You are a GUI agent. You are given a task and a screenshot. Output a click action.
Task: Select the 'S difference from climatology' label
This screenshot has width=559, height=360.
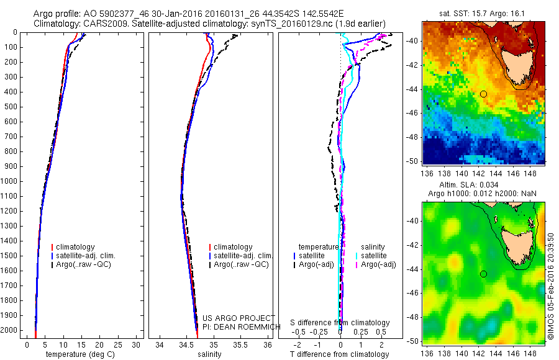pos(340,323)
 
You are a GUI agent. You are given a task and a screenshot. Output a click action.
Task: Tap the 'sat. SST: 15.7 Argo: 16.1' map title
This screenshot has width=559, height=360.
pos(483,13)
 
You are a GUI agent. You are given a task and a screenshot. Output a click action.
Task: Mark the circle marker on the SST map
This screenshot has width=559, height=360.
pos(483,94)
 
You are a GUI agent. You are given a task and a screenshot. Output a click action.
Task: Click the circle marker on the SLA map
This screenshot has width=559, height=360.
pos(483,274)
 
